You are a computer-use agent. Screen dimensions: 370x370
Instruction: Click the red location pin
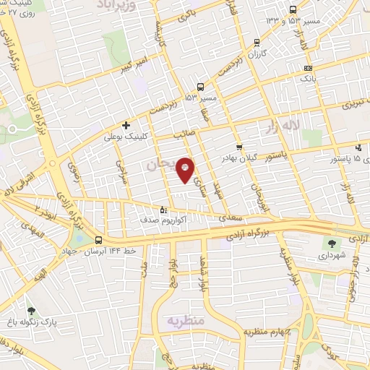click(186, 170)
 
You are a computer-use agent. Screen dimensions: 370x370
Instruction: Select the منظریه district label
click(186, 319)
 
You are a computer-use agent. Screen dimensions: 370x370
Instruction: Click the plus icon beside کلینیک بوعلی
click(126, 125)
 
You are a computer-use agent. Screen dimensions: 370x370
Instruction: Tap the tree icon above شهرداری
click(332, 244)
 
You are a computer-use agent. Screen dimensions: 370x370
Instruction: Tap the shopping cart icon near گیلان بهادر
click(239, 145)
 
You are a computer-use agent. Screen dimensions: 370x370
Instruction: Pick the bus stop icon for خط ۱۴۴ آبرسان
click(98, 241)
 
